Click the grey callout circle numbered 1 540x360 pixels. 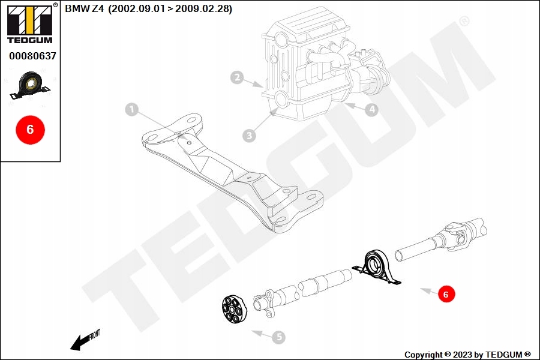[131, 109]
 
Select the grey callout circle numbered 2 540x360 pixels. [238, 77]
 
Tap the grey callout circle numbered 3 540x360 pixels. [250, 136]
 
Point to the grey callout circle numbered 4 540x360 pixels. [372, 109]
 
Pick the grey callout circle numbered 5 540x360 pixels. [278, 337]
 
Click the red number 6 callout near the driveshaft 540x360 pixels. [445, 294]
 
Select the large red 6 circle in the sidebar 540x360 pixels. [30, 129]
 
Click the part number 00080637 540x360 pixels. [32, 56]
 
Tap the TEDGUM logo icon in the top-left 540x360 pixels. [29, 22]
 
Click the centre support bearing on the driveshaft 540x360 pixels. [378, 267]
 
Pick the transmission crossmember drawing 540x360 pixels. [234, 174]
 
